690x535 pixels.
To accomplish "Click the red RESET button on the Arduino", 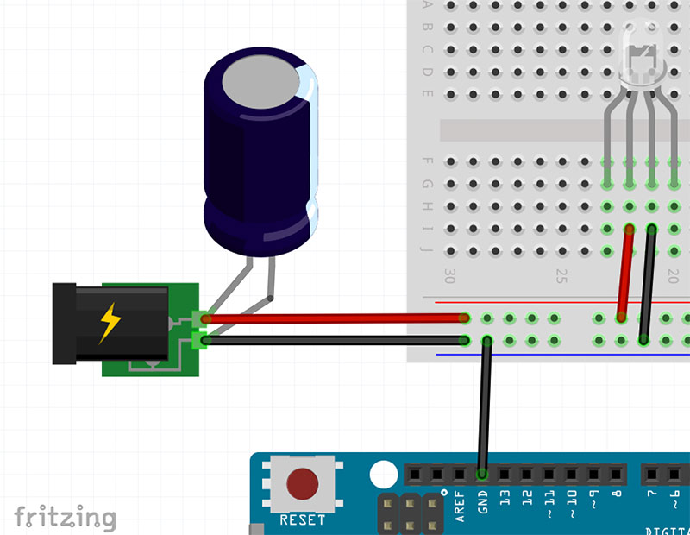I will [x=302, y=484].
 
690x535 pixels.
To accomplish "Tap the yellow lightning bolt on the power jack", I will [x=110, y=323].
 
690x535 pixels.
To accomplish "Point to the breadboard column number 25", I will [x=561, y=276].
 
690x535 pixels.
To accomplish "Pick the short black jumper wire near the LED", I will [x=648, y=285].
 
